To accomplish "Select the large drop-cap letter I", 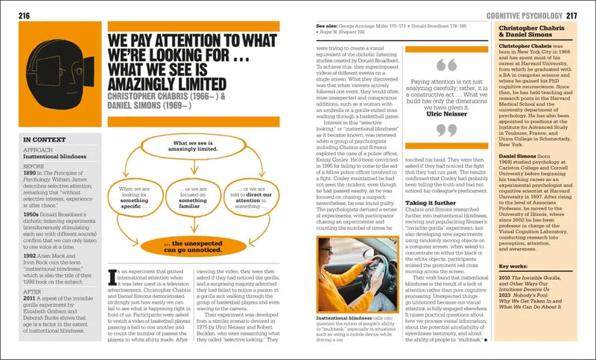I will coord(111,279).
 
